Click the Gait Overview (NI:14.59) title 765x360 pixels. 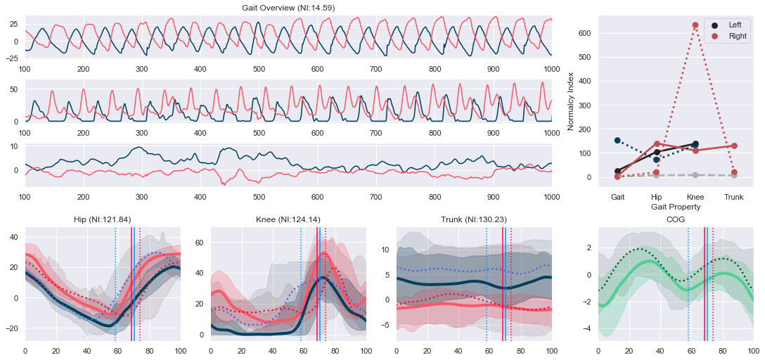click(288, 7)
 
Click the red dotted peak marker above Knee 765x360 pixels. click(695, 25)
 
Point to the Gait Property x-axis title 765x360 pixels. click(676, 207)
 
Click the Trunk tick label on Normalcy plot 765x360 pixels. click(734, 198)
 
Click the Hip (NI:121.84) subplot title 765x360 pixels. click(103, 219)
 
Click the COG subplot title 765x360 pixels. click(675, 219)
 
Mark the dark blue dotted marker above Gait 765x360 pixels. click(617, 141)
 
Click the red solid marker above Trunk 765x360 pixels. click(734, 146)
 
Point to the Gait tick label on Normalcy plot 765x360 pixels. click(617, 198)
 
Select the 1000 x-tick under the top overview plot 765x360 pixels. click(551, 69)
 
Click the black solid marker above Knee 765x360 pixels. click(695, 144)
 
